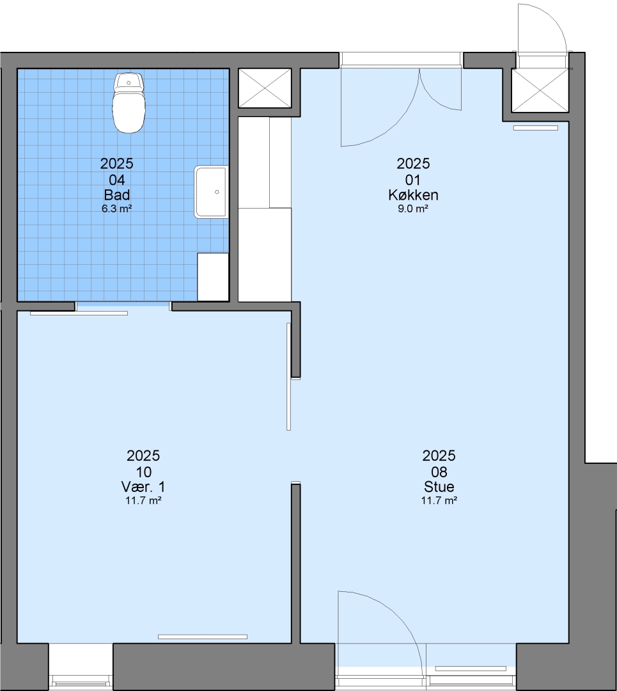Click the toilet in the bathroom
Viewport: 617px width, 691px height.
[129, 103]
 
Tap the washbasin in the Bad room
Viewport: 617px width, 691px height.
[212, 192]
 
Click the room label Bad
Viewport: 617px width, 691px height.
[117, 195]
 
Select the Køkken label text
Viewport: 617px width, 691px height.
[413, 195]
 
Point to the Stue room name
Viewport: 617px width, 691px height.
[439, 486]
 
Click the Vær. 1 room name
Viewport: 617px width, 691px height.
[143, 486]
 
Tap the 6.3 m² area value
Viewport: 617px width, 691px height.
[117, 209]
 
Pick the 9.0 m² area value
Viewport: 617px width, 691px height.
[413, 209]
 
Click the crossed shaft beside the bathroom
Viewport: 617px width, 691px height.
[265, 88]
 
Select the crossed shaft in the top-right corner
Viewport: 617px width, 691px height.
[540, 90]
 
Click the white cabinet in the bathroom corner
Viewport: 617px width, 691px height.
[213, 277]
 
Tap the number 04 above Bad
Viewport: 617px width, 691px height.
[117, 180]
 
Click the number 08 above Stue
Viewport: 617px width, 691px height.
[439, 472]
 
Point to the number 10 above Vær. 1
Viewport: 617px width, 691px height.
[144, 472]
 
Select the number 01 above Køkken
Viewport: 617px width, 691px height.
[412, 180]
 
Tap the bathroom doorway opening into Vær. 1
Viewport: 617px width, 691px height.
[123, 306]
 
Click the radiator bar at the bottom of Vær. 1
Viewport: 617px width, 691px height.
[203, 637]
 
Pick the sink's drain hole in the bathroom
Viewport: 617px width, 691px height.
[217, 192]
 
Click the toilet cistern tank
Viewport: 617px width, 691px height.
[129, 83]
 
